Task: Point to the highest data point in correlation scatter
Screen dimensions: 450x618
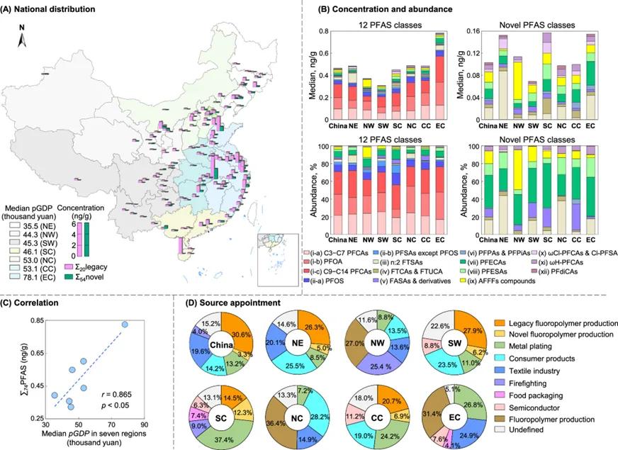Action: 125,324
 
